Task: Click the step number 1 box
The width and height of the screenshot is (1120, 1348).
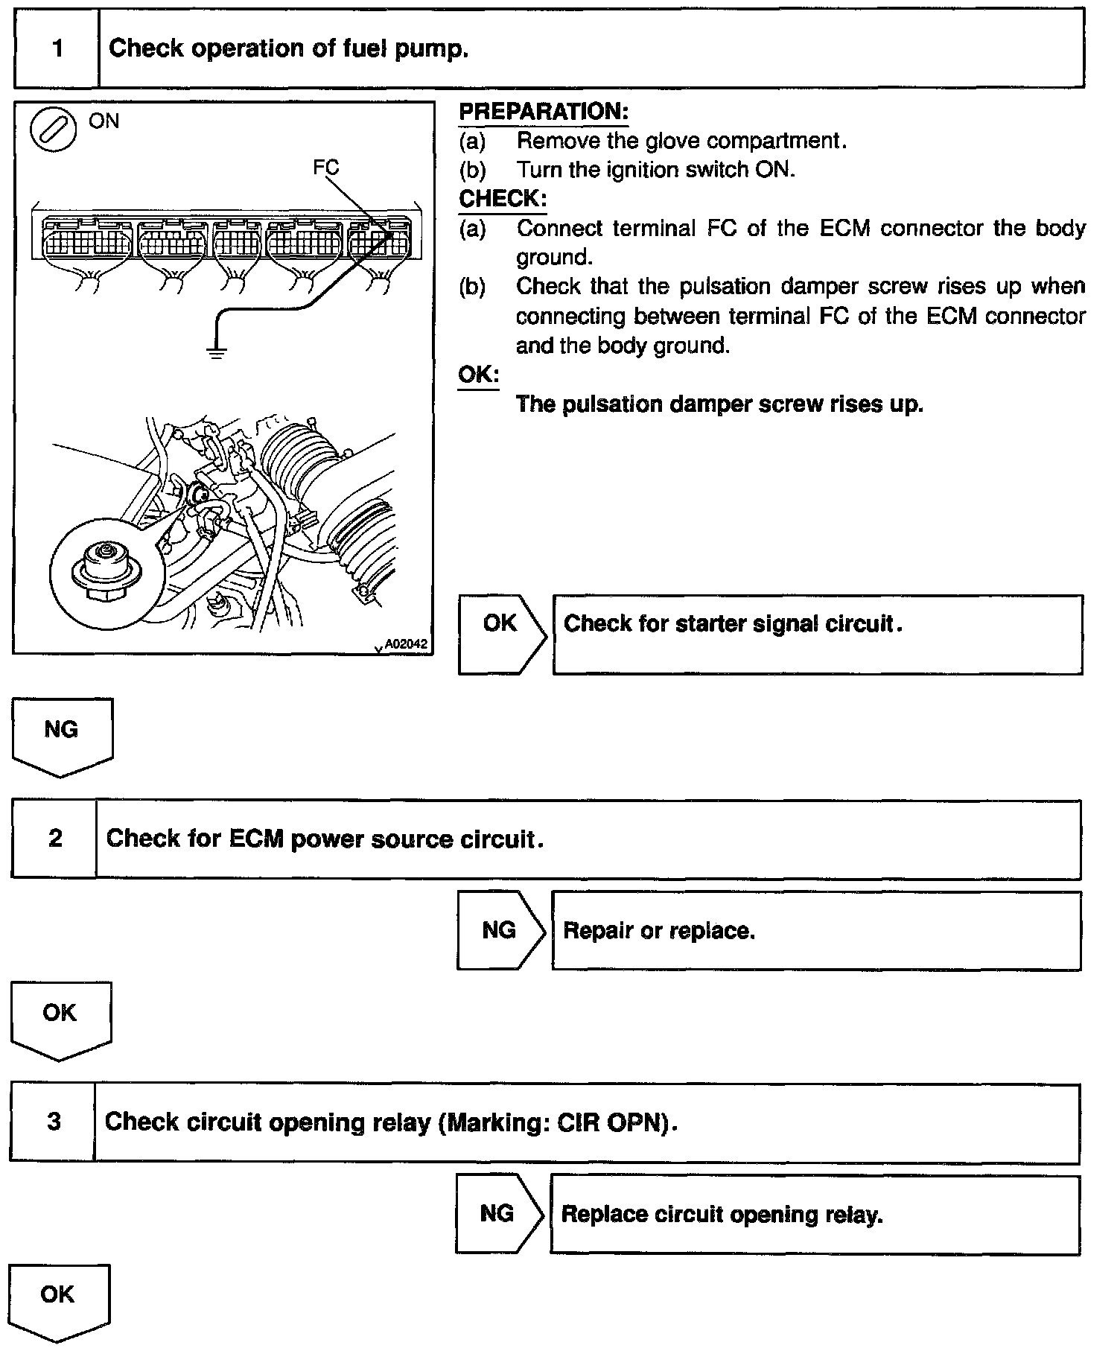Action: (x=57, y=49)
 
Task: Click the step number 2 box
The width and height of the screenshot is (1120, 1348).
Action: (x=54, y=839)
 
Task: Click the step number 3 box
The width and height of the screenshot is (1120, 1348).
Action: (x=53, y=1122)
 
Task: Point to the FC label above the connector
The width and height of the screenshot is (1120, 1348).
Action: (x=325, y=168)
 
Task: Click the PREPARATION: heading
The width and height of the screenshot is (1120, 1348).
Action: (x=544, y=112)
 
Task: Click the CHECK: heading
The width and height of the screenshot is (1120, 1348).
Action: (x=503, y=199)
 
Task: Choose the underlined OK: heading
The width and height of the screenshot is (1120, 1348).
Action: (x=478, y=375)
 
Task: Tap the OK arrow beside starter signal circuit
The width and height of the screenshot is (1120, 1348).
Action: (x=501, y=634)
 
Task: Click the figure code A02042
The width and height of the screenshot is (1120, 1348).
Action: (x=407, y=643)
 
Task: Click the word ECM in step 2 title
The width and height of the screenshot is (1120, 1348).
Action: (x=255, y=839)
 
